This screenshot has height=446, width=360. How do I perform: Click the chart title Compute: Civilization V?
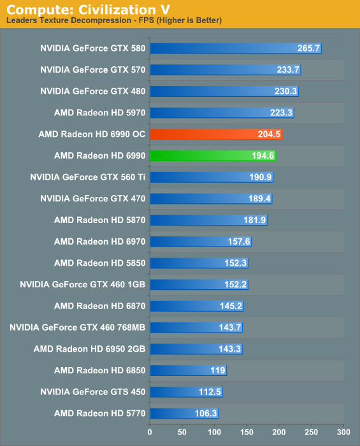click(x=88, y=10)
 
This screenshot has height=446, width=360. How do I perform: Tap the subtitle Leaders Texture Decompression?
click(x=69, y=20)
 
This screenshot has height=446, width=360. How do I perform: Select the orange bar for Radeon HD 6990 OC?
click(x=216, y=134)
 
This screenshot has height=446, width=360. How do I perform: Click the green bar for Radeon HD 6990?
click(x=213, y=156)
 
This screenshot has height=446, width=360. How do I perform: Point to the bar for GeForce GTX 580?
click(x=236, y=48)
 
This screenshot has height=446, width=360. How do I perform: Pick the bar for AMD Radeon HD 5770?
click(x=184, y=414)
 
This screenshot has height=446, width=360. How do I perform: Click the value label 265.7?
click(x=308, y=48)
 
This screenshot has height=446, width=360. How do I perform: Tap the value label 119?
click(x=218, y=370)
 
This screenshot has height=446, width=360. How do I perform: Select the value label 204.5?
click(x=269, y=134)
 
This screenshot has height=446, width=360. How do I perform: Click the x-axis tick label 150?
click(x=247, y=432)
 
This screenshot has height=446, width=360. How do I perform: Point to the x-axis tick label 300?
click(x=343, y=432)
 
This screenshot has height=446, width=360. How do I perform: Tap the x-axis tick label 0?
click(x=150, y=432)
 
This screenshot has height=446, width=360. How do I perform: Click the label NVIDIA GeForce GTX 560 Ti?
click(x=88, y=177)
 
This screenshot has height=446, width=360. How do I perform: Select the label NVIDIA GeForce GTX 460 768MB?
click(x=78, y=327)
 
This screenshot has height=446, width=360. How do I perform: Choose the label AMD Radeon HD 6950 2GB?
click(x=90, y=349)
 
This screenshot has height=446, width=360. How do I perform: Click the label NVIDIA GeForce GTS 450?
click(x=93, y=392)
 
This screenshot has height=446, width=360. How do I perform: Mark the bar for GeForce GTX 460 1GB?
click(x=199, y=284)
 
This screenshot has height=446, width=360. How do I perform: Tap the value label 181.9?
click(x=254, y=220)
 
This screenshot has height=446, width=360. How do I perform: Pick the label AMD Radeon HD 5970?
click(x=100, y=113)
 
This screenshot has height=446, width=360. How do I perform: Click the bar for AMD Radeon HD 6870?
click(x=197, y=306)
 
